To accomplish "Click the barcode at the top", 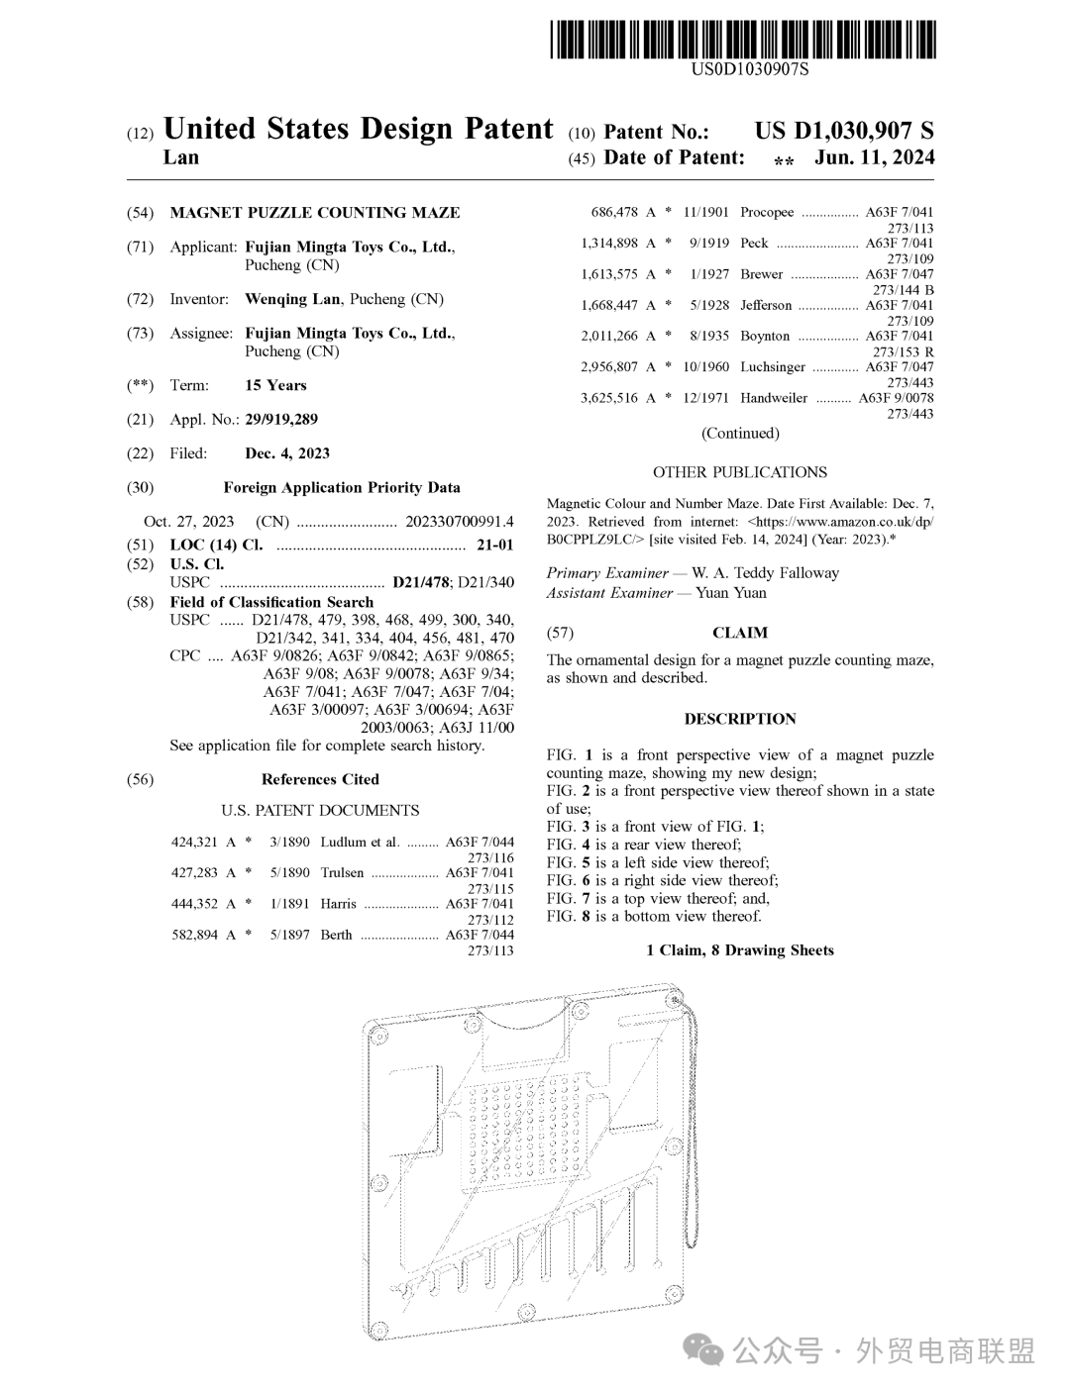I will tap(743, 40).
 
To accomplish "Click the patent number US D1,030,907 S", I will tap(843, 131).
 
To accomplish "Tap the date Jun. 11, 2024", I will tap(874, 157).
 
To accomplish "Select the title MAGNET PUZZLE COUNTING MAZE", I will tap(315, 212).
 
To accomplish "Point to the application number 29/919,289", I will tap(281, 419).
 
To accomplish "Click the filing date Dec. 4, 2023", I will tap(287, 453).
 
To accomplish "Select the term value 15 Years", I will tap(275, 385).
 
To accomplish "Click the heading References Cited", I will tap(320, 779).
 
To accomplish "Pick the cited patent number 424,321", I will tap(194, 843).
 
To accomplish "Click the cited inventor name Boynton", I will tap(765, 336).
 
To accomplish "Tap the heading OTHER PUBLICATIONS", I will tap(740, 472).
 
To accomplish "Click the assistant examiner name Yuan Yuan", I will tap(731, 593).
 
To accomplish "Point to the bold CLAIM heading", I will tap(740, 633).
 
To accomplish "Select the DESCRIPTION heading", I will tap(740, 719).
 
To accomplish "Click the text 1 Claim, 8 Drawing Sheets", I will tap(740, 950).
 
